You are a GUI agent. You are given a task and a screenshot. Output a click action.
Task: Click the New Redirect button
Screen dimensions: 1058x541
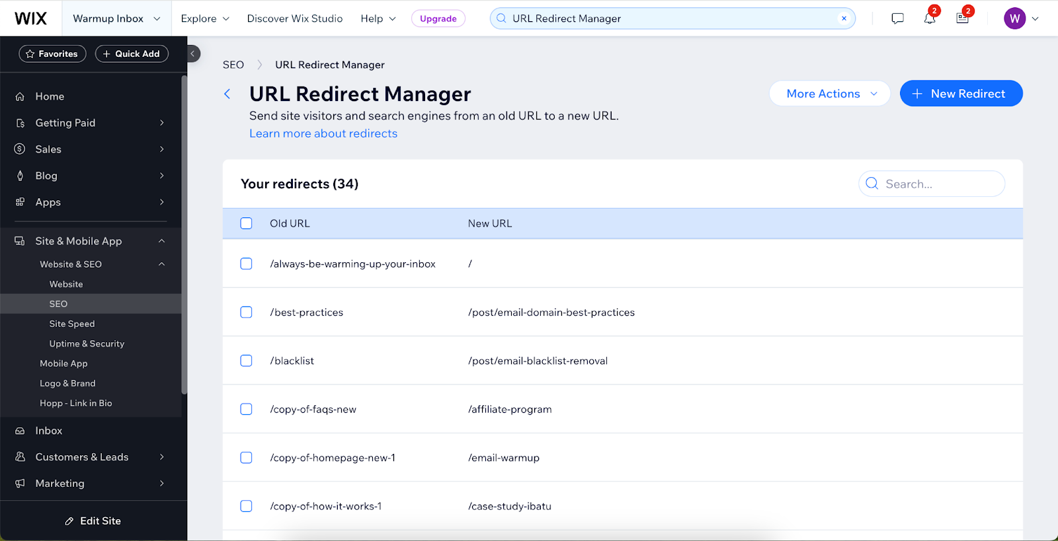(961, 94)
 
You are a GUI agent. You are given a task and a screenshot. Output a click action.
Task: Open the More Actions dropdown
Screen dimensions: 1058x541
(829, 94)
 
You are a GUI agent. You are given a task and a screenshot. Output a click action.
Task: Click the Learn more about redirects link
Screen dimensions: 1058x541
(323, 133)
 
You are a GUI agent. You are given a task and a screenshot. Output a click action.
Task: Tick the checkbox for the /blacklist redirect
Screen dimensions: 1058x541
(246, 361)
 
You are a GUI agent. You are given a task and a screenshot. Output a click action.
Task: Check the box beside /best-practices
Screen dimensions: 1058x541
(246, 312)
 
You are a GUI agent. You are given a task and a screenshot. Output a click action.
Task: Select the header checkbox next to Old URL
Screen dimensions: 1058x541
(246, 223)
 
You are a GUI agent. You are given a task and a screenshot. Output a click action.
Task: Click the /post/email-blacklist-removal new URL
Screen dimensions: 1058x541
(538, 361)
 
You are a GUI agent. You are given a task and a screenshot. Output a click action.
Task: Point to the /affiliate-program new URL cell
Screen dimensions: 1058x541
(510, 410)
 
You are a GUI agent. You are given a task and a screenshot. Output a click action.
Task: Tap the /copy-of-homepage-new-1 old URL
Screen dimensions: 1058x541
(333, 458)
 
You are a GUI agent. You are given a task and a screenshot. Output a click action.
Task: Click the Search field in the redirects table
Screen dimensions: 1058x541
(939, 184)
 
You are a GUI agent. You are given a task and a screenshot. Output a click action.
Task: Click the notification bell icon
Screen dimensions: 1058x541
(930, 18)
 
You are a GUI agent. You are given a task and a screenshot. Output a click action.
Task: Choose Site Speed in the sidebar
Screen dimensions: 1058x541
(72, 324)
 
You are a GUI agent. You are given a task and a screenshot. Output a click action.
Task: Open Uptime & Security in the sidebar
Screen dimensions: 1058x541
(87, 343)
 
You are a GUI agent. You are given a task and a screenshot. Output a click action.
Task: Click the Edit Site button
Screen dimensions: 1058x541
(93, 521)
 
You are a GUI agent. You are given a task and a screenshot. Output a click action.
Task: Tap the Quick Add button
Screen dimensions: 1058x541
(132, 54)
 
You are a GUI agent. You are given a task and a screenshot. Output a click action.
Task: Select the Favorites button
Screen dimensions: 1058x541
(52, 54)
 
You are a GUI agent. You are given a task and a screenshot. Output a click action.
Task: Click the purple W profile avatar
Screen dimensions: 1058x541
(1014, 18)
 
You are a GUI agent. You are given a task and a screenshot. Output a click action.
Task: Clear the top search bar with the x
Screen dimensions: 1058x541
(844, 18)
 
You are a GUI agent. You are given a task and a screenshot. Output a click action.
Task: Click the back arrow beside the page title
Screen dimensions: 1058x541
(227, 94)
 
